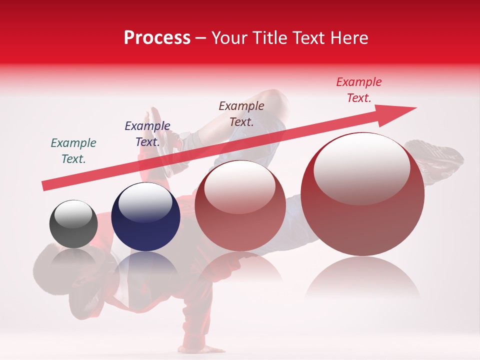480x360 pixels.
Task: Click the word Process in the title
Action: pyautogui.click(x=157, y=38)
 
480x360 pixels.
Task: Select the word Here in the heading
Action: pyautogui.click(x=349, y=38)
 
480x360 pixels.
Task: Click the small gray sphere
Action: pyautogui.click(x=73, y=224)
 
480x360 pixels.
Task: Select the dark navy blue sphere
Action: pyautogui.click(x=145, y=217)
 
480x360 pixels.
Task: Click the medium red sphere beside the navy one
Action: pyautogui.click(x=240, y=205)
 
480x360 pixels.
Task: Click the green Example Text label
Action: pyautogui.click(x=73, y=151)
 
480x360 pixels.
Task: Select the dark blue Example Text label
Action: pyautogui.click(x=147, y=134)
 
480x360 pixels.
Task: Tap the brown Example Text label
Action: pyautogui.click(x=241, y=113)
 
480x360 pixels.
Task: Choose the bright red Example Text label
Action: pyautogui.click(x=358, y=90)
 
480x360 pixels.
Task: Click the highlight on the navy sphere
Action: pyautogui.click(x=145, y=203)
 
